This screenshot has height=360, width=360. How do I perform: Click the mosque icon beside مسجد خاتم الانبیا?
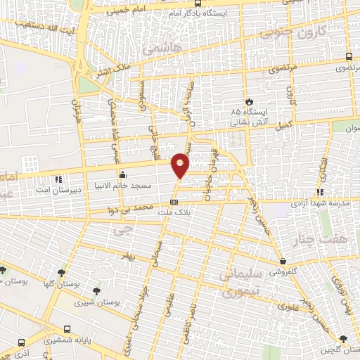pos(123,174)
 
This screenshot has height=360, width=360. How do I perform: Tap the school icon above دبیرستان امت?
pos(58,179)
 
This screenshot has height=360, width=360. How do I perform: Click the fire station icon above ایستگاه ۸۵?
pos(247,101)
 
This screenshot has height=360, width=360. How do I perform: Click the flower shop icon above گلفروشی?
pos(281,261)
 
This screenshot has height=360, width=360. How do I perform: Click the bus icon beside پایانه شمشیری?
pos(67,328)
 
